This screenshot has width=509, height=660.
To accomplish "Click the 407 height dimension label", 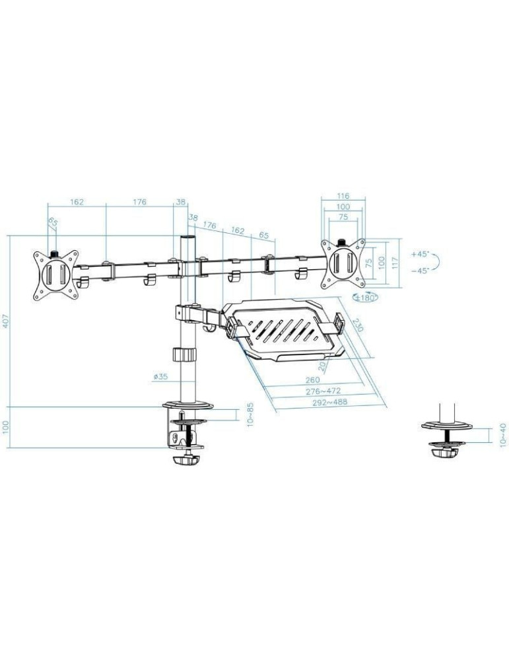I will [6, 321].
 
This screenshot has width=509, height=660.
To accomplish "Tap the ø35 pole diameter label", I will [161, 377].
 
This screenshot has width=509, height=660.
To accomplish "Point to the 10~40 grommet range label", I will [504, 436].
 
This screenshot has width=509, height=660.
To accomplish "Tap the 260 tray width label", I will [313, 379].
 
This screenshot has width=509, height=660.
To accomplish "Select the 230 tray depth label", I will [357, 326].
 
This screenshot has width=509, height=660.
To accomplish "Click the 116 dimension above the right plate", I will [342, 196].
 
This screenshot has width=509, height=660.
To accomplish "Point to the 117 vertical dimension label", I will [395, 262].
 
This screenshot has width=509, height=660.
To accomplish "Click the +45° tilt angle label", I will [419, 253].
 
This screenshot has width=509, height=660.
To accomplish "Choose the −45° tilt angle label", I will [419, 270].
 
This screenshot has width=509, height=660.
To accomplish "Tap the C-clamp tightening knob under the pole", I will [186, 459].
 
